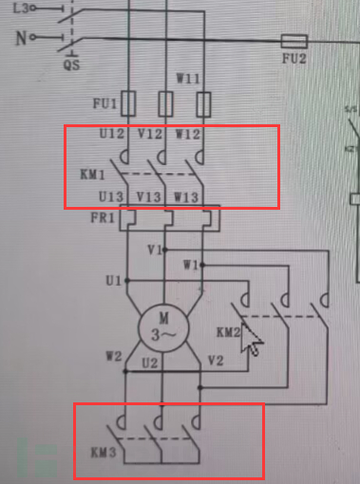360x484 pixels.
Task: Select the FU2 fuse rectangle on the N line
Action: click(x=295, y=41)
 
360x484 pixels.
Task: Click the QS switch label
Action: click(x=71, y=65)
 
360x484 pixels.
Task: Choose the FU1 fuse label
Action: click(x=104, y=102)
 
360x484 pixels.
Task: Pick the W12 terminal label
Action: click(x=187, y=134)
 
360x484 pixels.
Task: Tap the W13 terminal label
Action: click(x=187, y=197)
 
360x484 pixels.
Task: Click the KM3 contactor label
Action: click(x=103, y=454)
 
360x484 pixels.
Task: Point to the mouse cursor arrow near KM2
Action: click(x=251, y=339)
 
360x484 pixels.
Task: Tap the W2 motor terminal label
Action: click(x=112, y=358)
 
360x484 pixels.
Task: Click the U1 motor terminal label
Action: click(x=113, y=281)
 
